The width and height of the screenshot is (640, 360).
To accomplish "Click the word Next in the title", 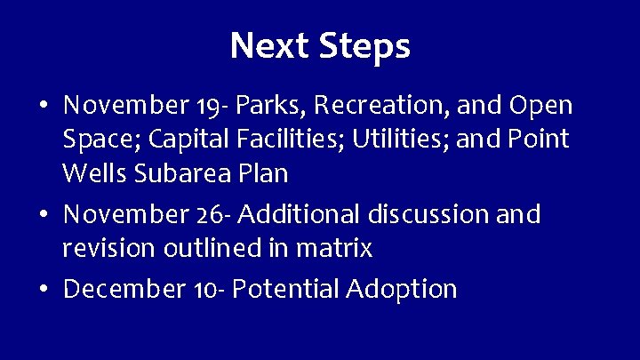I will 267,46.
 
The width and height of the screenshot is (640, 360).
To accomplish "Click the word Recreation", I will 383,107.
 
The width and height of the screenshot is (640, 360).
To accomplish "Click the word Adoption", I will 403,290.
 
